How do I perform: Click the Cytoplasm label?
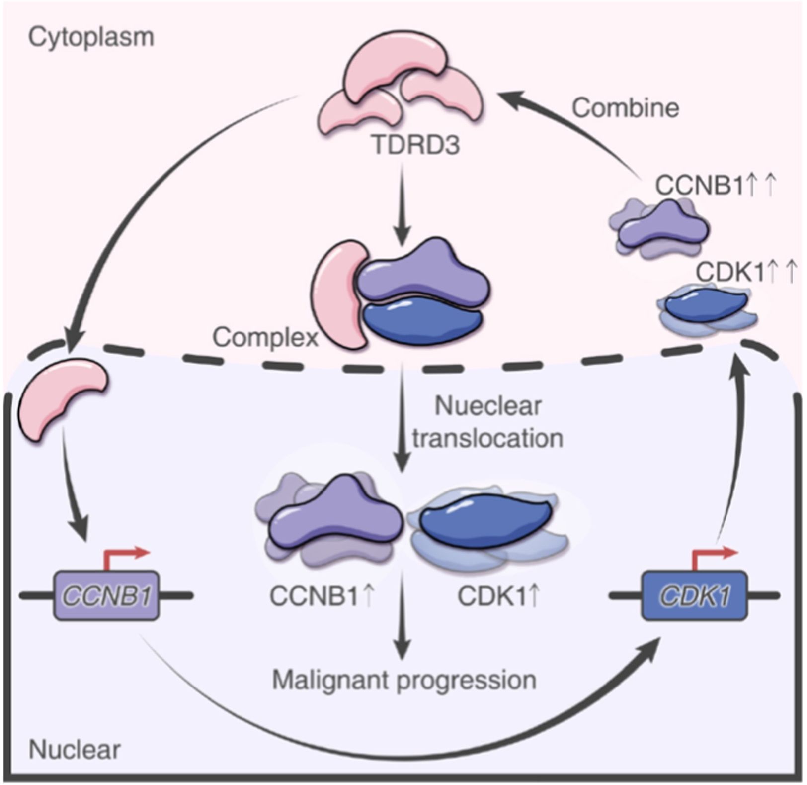click(x=91, y=37)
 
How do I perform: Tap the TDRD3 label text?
click(x=416, y=145)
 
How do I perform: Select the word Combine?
click(x=625, y=108)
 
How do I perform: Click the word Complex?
click(x=265, y=338)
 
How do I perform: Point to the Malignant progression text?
click(x=404, y=680)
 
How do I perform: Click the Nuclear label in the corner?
click(x=75, y=750)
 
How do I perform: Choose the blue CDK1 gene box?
click(x=694, y=595)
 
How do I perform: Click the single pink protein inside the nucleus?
click(x=61, y=399)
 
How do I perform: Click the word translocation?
click(x=487, y=439)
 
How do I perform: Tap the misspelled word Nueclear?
click(x=487, y=406)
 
